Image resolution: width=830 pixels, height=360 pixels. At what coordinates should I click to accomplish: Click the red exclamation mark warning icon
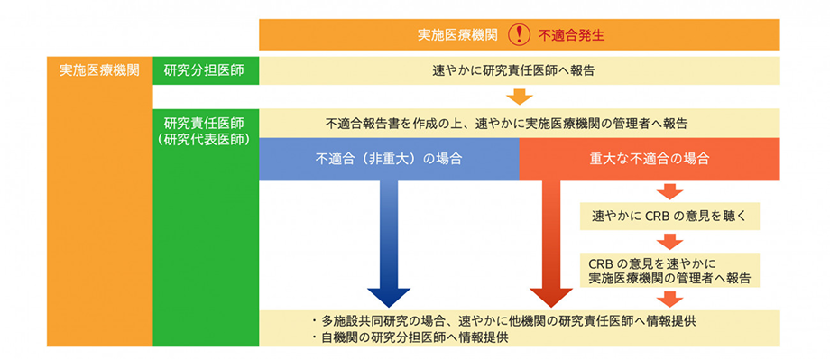(521, 34)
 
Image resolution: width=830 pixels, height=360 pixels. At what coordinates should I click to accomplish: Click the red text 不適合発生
(570, 35)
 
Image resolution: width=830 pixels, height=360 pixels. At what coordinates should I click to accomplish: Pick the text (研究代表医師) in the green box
(204, 141)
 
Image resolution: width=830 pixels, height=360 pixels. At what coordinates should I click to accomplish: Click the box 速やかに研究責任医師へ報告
(519, 69)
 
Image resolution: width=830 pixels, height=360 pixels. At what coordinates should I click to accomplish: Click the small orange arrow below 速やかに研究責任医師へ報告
(519, 96)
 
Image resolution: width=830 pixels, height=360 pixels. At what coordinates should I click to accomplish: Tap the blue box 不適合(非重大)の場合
(389, 158)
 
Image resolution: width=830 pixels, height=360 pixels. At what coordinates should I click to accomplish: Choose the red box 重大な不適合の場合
(649, 158)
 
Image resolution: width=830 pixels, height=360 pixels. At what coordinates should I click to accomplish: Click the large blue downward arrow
(389, 244)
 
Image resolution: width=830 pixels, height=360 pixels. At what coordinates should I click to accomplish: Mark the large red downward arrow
(549, 244)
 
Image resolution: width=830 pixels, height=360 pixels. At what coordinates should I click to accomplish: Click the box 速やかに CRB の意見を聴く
(669, 217)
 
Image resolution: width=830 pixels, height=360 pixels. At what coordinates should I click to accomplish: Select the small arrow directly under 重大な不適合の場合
(669, 190)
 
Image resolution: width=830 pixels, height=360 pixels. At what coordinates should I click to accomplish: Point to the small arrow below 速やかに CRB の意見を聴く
(669, 241)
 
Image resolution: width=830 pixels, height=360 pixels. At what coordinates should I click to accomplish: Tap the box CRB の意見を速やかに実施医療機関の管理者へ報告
(669, 270)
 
